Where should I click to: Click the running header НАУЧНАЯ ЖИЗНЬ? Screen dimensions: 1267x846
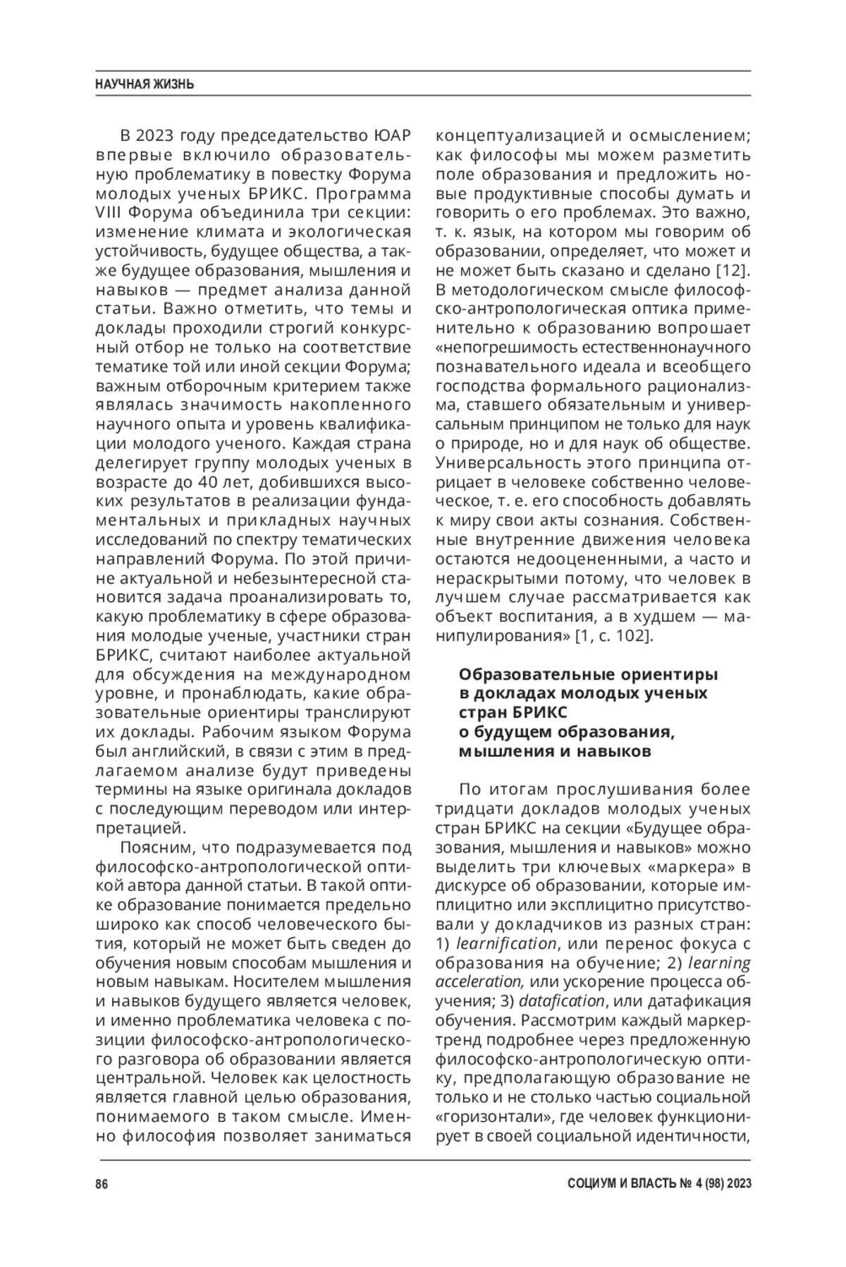pyautogui.click(x=145, y=85)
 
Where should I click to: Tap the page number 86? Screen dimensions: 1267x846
pyautogui.click(x=101, y=1184)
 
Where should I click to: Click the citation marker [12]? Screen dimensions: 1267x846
pyautogui.click(x=733, y=270)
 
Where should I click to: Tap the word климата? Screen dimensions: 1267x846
pyautogui.click(x=211, y=232)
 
